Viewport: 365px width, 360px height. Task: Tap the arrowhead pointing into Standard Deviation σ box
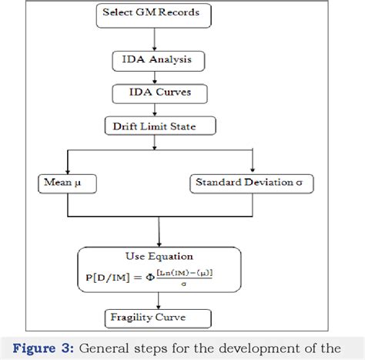pyautogui.click(x=253, y=171)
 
